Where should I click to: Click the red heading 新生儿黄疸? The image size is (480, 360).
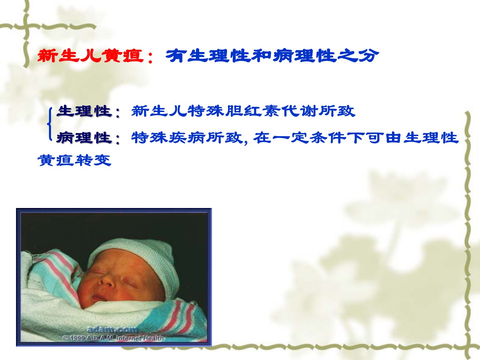(91, 56)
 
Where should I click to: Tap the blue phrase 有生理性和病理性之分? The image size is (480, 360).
(272, 56)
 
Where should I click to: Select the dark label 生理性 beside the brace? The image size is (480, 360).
(84, 111)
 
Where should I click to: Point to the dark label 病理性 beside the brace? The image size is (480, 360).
(84, 138)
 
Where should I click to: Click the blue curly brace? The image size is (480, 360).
(50, 124)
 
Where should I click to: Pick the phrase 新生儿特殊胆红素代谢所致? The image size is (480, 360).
(243, 111)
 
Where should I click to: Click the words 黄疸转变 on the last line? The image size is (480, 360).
(74, 160)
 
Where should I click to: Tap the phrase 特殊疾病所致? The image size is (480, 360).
(187, 138)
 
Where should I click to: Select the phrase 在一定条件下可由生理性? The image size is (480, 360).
(356, 138)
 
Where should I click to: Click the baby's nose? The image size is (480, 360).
(106, 281)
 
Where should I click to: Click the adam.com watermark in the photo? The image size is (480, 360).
(112, 329)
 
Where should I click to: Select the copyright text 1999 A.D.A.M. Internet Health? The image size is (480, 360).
(113, 338)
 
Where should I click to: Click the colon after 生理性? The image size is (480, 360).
(118, 113)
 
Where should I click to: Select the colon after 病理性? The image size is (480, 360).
(118, 140)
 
